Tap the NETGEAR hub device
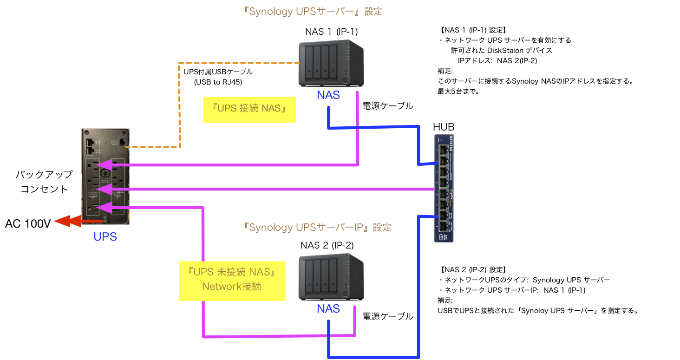pos(444,188)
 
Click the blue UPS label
pos(105,237)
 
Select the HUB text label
pos(444,127)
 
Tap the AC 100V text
pos(28,224)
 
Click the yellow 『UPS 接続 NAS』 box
pos(249,109)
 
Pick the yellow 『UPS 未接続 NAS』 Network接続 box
pos(232,280)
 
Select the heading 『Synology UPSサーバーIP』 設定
pos(318,228)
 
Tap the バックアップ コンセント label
pos(44,182)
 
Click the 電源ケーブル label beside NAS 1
pos(387,106)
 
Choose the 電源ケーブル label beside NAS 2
pos(387,316)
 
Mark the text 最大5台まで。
pos(458,92)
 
